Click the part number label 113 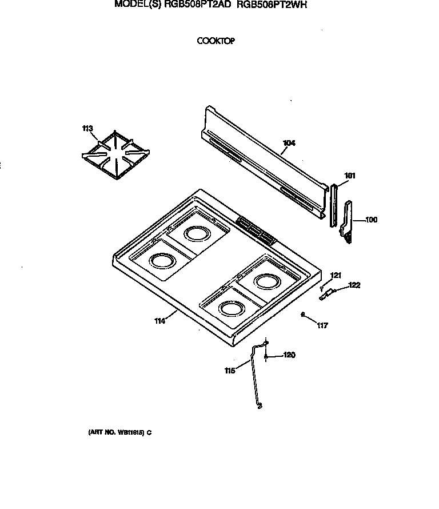(x=87, y=129)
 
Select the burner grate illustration (x=116, y=153)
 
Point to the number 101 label (x=350, y=176)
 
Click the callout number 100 (x=371, y=220)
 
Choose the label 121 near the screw (x=337, y=276)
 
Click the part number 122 (x=354, y=285)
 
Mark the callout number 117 (x=322, y=325)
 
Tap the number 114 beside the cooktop (x=159, y=321)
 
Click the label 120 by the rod (x=289, y=355)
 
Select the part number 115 (x=230, y=370)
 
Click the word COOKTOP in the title (x=216, y=41)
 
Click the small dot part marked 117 (x=303, y=314)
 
